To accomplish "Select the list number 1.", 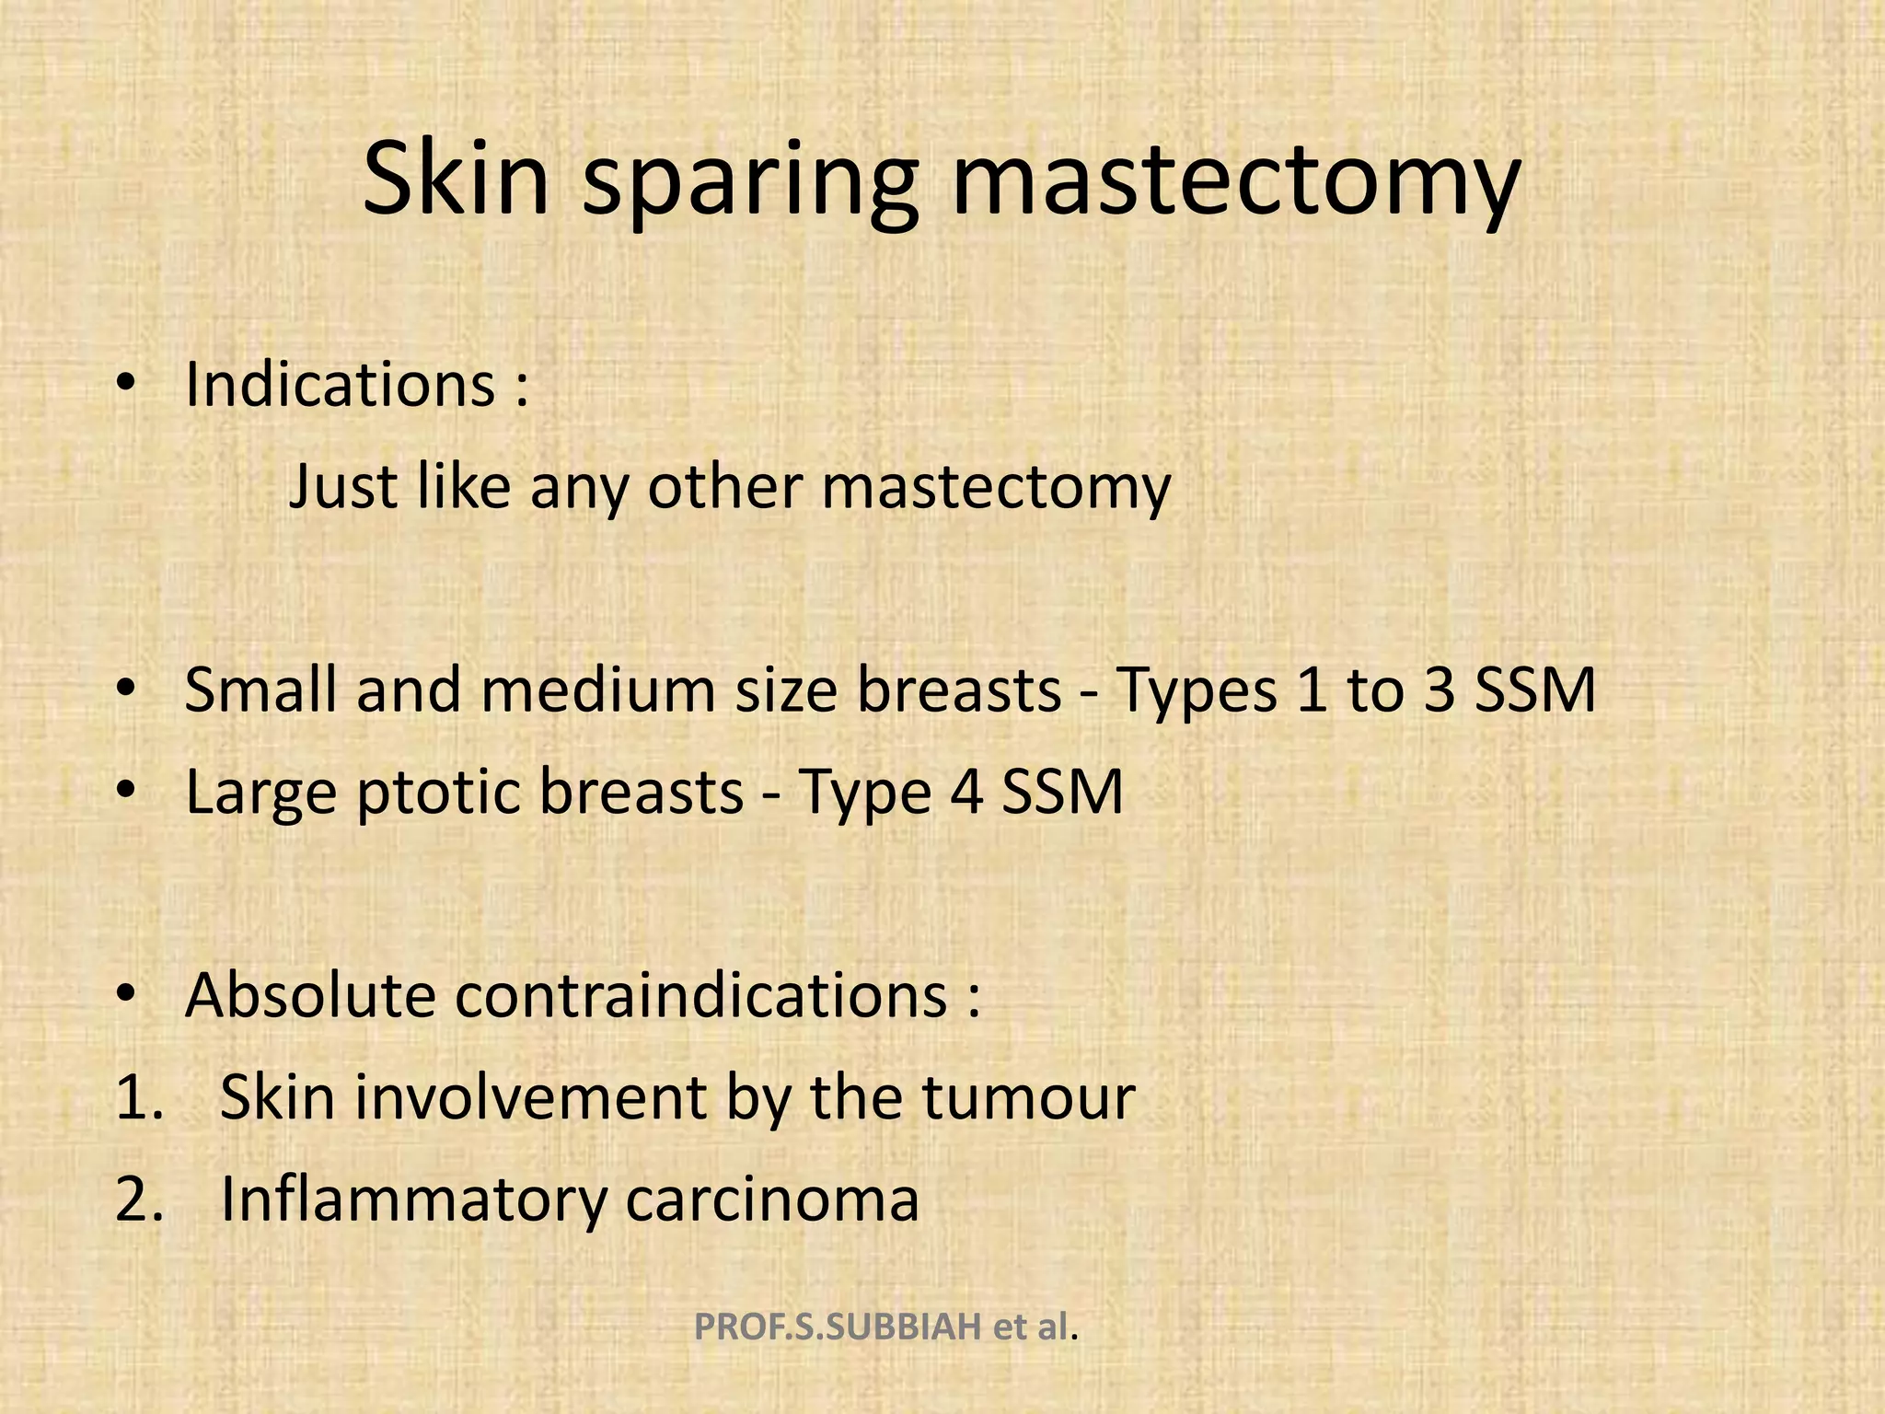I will tap(138, 1097).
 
